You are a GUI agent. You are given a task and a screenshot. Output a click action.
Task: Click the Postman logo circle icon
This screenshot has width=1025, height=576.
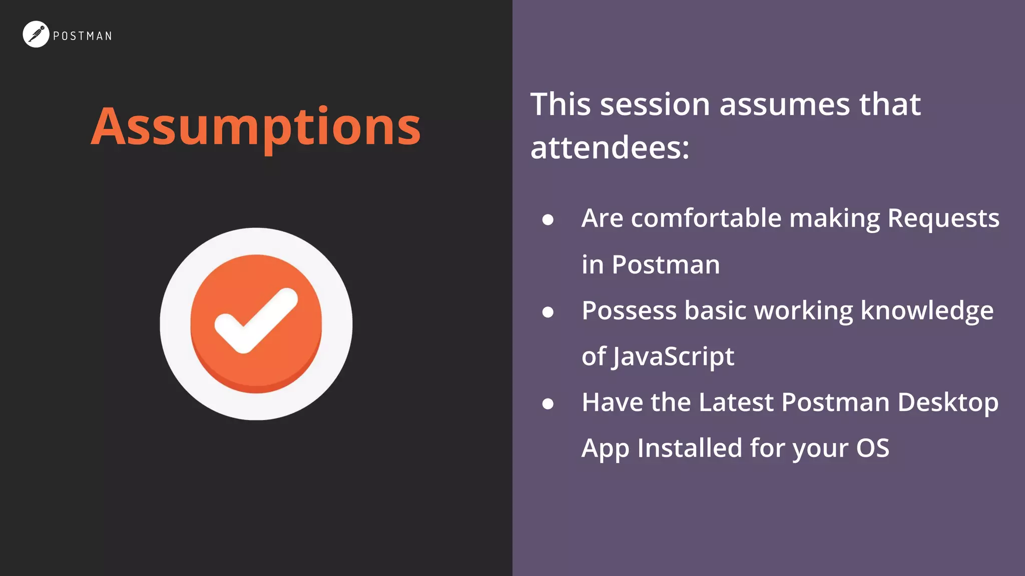pos(36,34)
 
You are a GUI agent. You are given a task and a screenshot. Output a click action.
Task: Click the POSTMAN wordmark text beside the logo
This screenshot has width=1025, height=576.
pos(83,36)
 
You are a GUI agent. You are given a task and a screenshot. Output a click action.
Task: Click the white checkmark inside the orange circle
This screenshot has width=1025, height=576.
pos(256,320)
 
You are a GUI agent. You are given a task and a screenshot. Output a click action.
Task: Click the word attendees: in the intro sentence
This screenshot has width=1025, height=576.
pos(610,148)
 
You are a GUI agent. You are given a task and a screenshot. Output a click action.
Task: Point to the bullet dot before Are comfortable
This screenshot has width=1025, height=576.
pos(548,219)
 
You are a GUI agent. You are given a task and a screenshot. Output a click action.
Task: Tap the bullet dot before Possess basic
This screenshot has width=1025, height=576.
pos(548,312)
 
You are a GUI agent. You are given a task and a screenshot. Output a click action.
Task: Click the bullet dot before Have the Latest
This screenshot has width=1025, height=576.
pos(548,403)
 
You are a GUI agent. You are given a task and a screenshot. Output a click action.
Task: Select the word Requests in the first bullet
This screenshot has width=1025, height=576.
pos(943,218)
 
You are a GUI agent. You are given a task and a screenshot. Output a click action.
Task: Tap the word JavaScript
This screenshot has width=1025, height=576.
pos(673,357)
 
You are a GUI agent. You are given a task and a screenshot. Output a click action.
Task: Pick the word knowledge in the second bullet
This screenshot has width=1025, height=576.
pos(927,311)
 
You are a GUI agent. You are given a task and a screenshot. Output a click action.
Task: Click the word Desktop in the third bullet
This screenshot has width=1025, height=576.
pos(947,402)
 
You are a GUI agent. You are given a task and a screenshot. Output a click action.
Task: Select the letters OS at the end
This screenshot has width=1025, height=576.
pos(872,448)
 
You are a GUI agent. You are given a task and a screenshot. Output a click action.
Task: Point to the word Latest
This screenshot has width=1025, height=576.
pos(736,402)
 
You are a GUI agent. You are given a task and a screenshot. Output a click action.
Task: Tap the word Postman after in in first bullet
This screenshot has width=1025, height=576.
pos(666,264)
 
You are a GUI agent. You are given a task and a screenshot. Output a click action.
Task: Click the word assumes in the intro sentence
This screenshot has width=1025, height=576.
pos(785,104)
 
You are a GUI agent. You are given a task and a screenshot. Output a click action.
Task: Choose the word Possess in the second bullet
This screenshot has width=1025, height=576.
pos(629,311)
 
